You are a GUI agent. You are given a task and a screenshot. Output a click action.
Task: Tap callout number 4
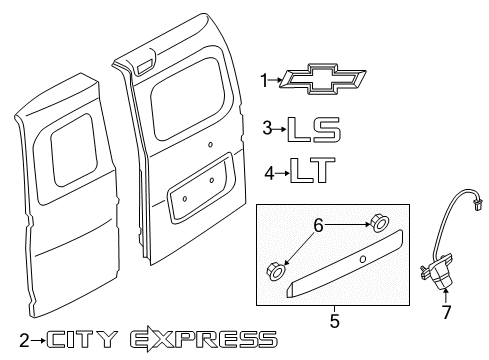click(x=268, y=171)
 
